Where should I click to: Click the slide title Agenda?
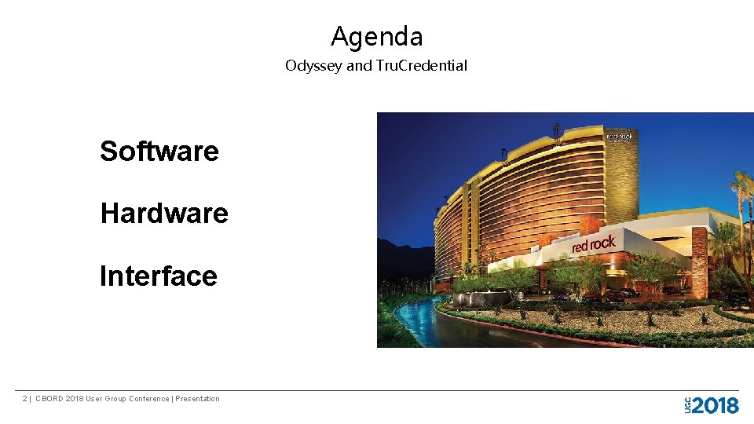376,37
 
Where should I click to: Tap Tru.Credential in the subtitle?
421,66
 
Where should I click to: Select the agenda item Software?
159,151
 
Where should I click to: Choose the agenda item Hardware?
164,214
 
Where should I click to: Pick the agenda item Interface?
159,276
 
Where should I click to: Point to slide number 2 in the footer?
24,399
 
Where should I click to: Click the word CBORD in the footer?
49,399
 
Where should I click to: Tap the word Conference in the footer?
148,399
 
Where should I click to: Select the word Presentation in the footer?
197,399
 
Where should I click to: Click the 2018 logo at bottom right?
716,405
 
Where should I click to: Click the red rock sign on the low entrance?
593,244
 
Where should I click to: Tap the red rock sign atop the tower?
620,137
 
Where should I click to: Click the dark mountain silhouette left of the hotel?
404,259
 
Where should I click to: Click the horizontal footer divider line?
377,390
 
